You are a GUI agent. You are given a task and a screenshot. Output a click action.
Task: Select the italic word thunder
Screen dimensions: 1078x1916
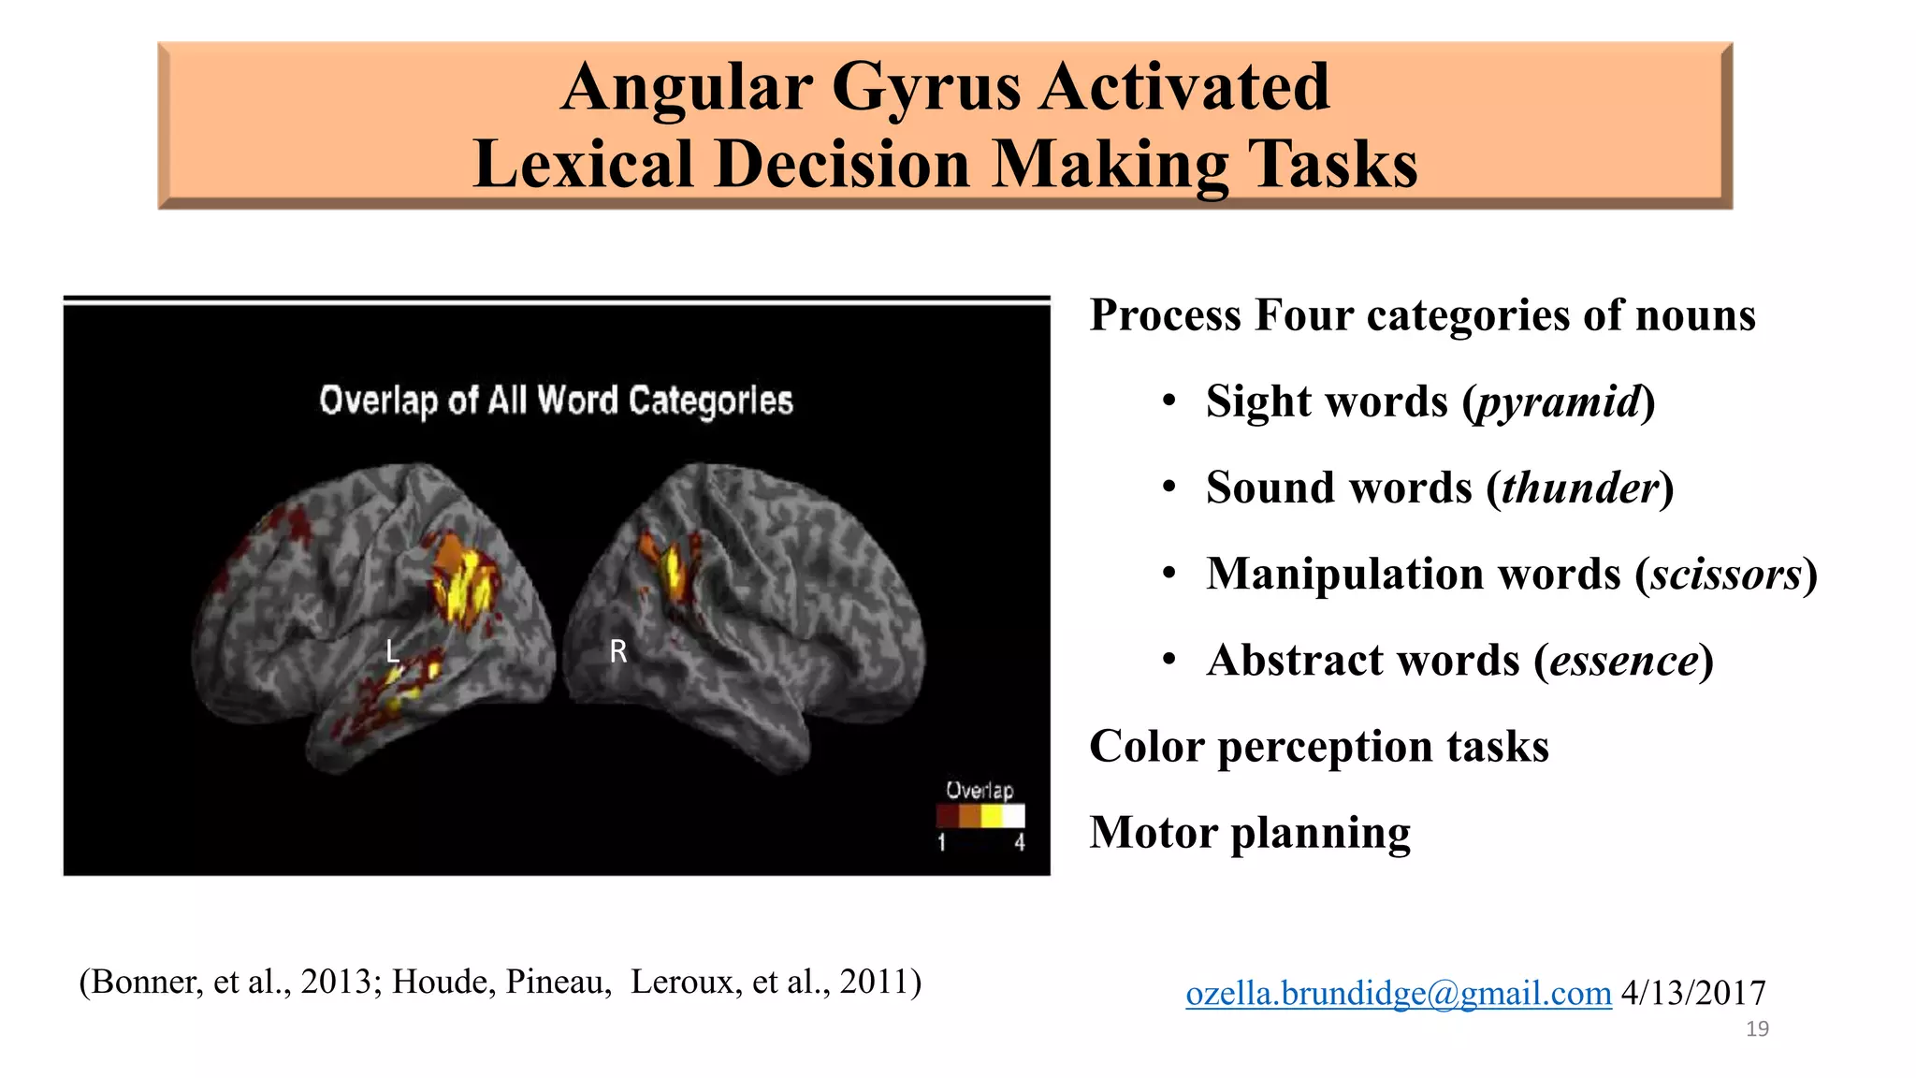click(1579, 488)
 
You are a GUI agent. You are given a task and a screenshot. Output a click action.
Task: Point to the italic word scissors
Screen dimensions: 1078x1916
click(1725, 575)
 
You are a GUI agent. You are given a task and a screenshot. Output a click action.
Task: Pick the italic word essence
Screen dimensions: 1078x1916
click(1623, 661)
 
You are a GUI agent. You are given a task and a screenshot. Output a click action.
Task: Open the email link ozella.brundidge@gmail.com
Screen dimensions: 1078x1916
click(1398, 993)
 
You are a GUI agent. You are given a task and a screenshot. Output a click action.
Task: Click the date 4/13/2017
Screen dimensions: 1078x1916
click(1693, 993)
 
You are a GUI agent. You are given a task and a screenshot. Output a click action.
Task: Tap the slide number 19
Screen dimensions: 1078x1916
click(1757, 1029)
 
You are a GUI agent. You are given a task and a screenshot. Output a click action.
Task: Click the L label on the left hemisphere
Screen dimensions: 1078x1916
click(393, 651)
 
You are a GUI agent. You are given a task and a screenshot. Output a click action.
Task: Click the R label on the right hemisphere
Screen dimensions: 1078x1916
click(617, 651)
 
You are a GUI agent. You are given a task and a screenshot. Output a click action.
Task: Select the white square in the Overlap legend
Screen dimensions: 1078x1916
click(1014, 816)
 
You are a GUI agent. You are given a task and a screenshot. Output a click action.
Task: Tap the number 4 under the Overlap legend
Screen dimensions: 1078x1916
click(1019, 843)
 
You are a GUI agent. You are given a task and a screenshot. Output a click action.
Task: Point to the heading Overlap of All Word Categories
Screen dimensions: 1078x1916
click(556, 401)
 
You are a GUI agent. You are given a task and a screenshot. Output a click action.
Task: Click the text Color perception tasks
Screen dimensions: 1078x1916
click(1318, 747)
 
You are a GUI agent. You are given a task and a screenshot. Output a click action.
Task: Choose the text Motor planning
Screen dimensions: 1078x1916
click(1250, 833)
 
